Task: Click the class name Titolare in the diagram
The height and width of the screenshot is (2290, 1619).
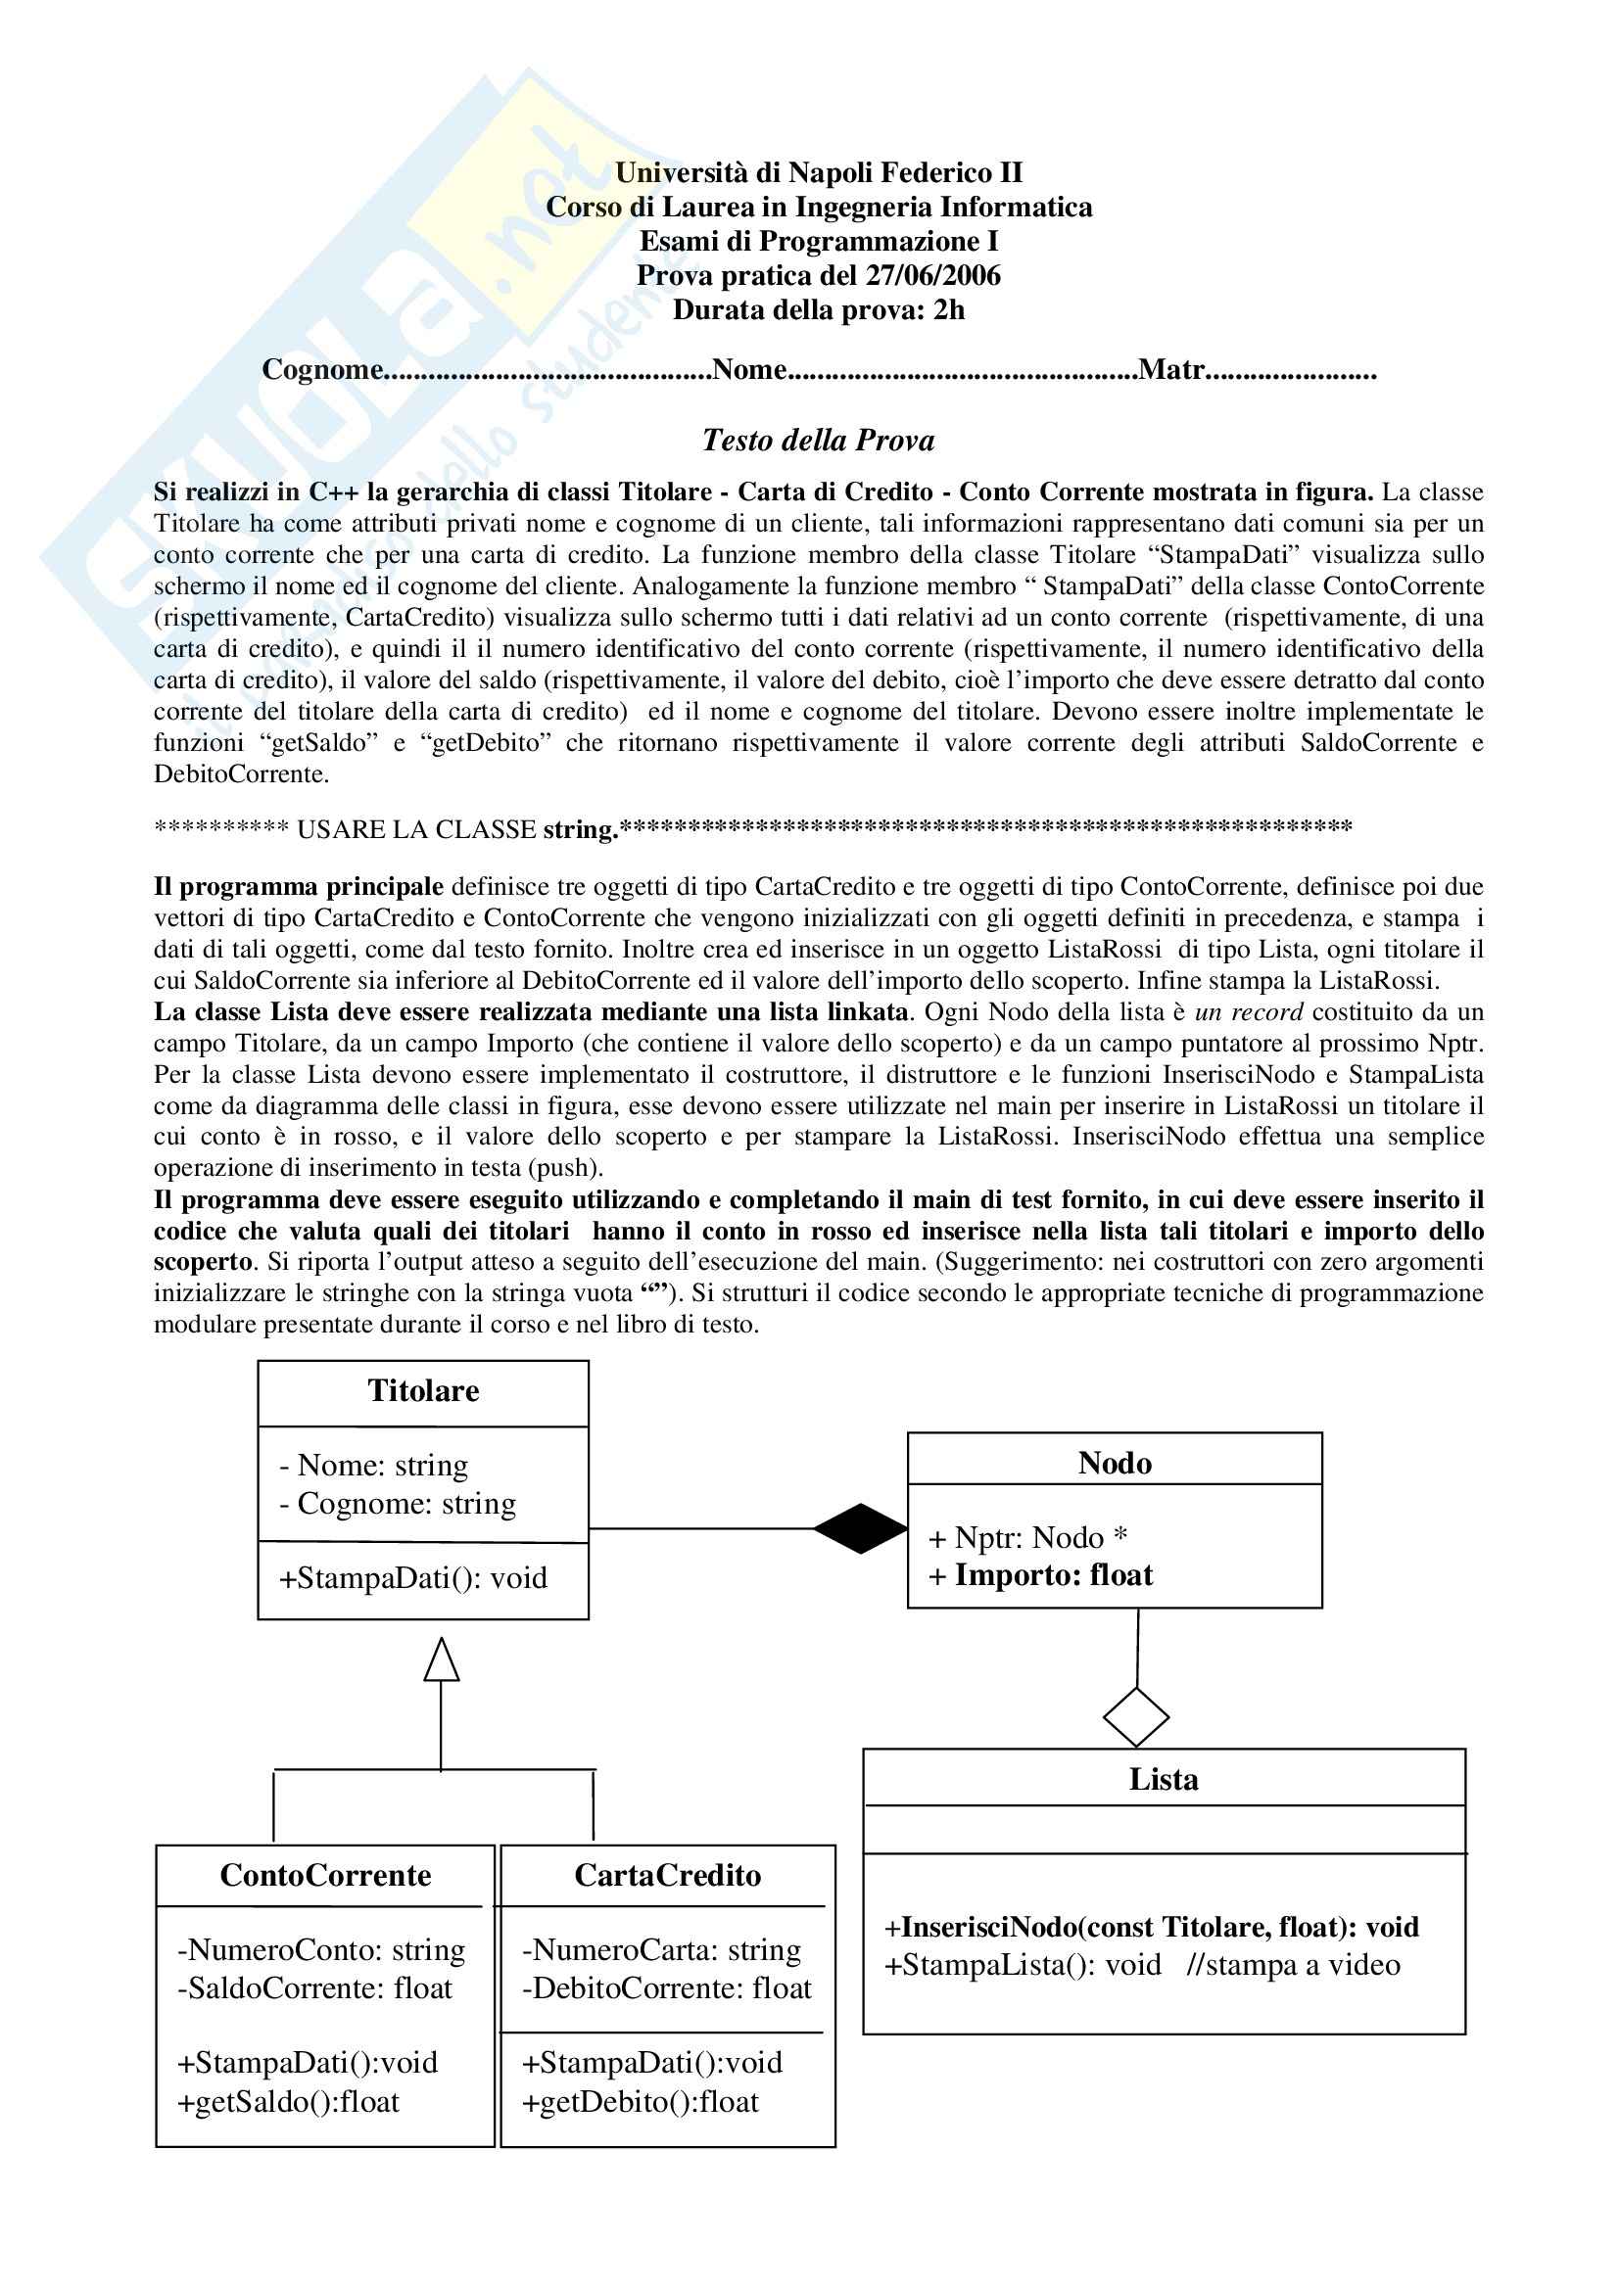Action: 423,1390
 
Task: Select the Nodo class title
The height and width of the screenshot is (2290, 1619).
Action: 1115,1463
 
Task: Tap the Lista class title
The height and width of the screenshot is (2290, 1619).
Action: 1164,1779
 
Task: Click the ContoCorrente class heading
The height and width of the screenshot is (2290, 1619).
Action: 325,1875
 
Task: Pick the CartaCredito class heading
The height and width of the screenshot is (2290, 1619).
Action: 667,1875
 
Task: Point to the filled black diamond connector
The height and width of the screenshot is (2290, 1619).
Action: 860,1528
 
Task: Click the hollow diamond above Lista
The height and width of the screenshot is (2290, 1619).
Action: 1136,1716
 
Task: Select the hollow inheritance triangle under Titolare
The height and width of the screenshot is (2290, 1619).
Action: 441,1659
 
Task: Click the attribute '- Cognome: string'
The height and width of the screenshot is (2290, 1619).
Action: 397,1504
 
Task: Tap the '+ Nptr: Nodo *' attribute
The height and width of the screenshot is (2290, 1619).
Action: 1027,1538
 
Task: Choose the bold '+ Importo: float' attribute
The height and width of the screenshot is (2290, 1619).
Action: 1040,1575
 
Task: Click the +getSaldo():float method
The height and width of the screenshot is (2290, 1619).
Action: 288,2101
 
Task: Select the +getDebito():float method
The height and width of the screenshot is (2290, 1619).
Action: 641,2101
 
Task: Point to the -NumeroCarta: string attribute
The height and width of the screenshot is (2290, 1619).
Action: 661,1950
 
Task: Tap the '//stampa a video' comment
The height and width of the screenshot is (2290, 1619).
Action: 1293,1965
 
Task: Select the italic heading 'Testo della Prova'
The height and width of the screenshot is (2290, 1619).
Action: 818,440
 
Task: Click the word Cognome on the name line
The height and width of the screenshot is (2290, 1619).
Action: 322,370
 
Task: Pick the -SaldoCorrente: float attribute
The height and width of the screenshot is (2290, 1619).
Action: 315,1988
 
